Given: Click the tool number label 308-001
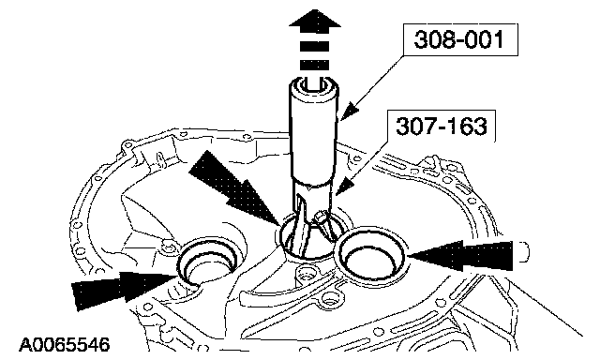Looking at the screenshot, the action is click(459, 39).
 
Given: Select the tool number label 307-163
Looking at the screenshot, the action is click(442, 126).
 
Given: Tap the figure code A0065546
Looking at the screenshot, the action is click(65, 344).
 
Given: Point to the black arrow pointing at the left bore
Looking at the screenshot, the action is click(124, 286).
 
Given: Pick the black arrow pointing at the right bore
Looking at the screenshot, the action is click(459, 256).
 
